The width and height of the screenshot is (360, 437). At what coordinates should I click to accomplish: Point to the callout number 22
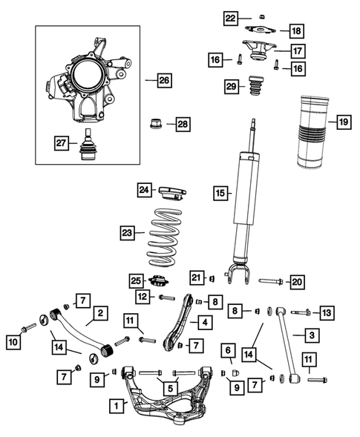(231, 17)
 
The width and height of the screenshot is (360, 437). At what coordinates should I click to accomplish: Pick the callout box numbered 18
(295, 30)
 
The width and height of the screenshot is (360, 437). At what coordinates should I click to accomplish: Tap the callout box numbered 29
(232, 87)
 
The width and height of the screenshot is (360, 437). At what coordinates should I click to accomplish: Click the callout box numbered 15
(219, 194)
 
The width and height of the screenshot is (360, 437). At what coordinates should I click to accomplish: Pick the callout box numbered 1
(116, 406)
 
